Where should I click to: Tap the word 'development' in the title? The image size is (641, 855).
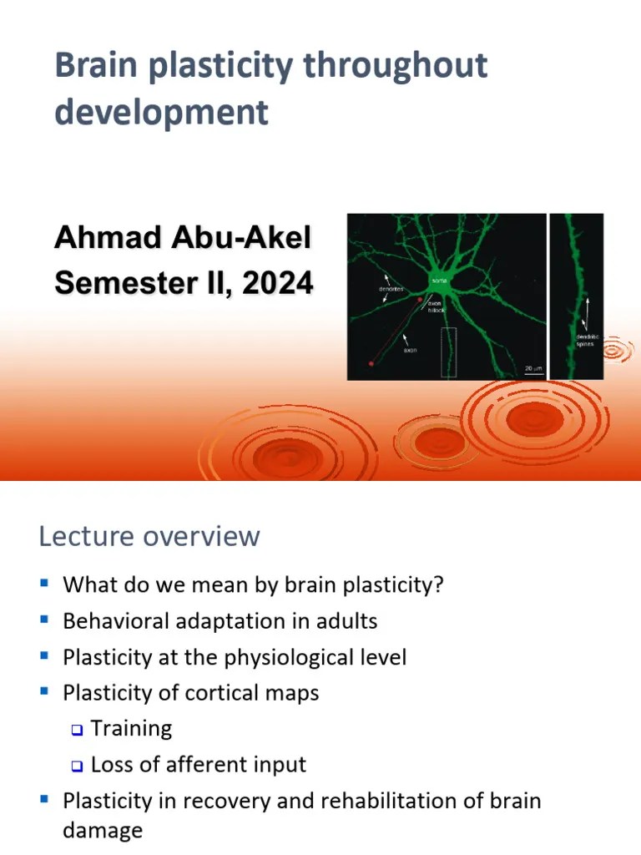pyautogui.click(x=162, y=112)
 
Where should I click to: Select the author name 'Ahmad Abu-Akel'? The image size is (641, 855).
pyautogui.click(x=182, y=239)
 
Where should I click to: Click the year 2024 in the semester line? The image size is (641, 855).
pyautogui.click(x=278, y=284)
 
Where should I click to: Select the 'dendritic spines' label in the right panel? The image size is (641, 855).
pyautogui.click(x=585, y=340)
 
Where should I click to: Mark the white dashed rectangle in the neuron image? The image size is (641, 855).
pyautogui.click(x=448, y=352)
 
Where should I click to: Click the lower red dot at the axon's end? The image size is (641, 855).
pyautogui.click(x=371, y=363)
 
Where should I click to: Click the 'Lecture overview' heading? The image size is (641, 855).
pyautogui.click(x=149, y=536)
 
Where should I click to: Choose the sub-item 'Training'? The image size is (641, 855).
pyautogui.click(x=131, y=729)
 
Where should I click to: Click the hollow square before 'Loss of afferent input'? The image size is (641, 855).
pyautogui.click(x=77, y=766)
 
